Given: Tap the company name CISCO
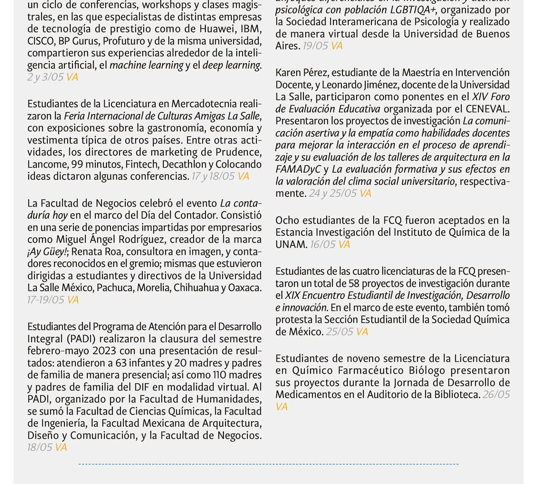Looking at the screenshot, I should pos(40,41).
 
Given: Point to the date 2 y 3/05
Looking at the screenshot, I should pos(45,77).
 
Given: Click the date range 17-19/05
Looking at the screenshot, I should pos(46,300).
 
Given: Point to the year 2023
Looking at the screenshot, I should pos(106,351).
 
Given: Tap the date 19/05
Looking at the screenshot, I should pos(315,46).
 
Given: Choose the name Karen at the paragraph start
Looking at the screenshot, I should pos(289,72).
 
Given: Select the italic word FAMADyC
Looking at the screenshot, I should pos(297,169).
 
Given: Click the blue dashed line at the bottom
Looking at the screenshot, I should pos(268,464).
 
